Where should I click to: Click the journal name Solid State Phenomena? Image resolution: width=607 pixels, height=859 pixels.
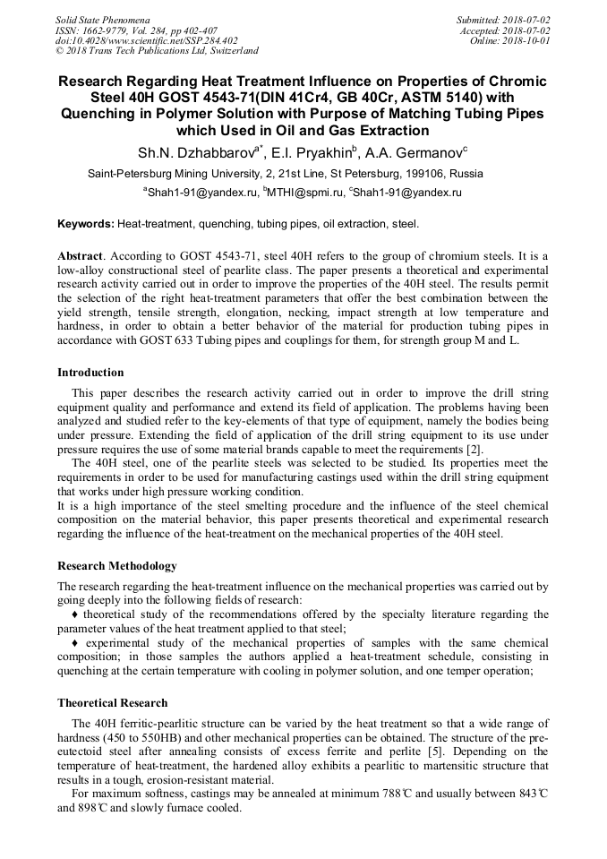pyautogui.click(x=102, y=19)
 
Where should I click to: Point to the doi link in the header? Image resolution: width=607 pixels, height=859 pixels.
pyautogui.click(x=147, y=40)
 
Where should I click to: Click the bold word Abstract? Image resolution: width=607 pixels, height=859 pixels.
pyautogui.click(x=80, y=256)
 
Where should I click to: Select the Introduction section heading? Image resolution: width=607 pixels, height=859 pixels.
pyautogui.click(x=90, y=372)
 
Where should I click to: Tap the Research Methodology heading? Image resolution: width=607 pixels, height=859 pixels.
pyautogui.click(x=117, y=565)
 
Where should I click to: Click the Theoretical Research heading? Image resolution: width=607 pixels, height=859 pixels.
pyautogui.click(x=112, y=702)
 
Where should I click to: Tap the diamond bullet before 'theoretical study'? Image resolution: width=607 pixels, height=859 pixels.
pyautogui.click(x=74, y=614)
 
